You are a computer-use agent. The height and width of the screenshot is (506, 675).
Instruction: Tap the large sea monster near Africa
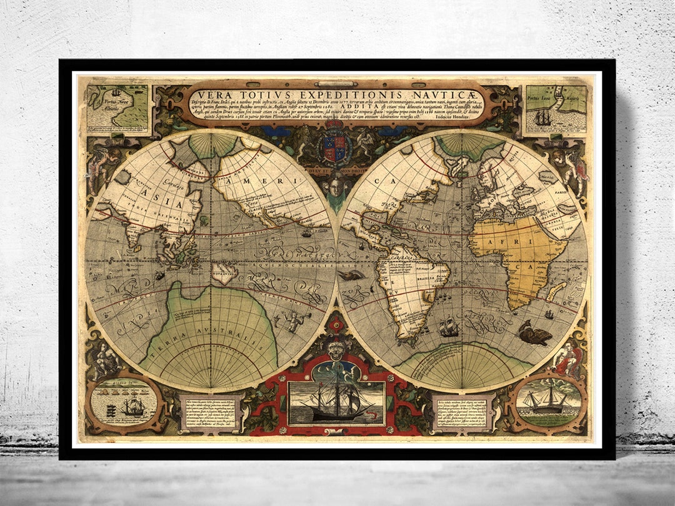533,334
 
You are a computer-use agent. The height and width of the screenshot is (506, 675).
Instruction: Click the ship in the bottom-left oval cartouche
132,407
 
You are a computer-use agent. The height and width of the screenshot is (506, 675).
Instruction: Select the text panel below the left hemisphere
207,412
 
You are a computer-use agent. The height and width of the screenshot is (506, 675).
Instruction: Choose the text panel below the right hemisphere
463,412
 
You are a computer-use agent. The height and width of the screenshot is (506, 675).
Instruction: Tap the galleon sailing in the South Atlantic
448,327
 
